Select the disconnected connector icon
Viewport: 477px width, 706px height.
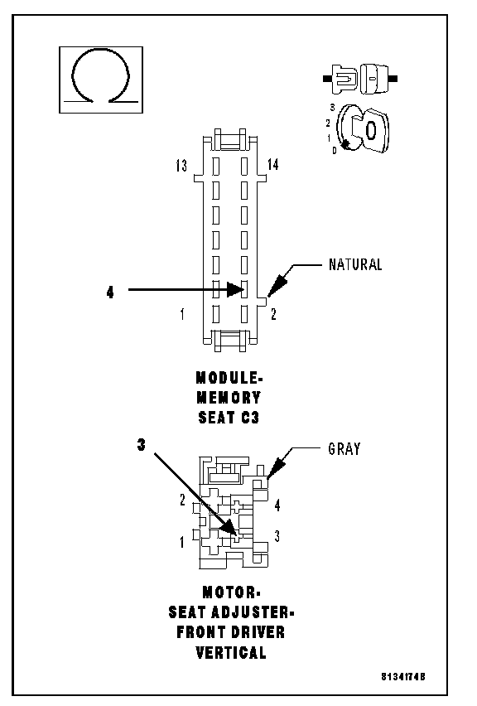360,80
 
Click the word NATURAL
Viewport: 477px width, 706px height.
355,264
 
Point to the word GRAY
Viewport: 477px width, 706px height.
344,449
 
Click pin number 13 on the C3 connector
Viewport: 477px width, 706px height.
181,166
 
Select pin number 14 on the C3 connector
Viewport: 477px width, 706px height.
272,165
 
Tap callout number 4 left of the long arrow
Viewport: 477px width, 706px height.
110,293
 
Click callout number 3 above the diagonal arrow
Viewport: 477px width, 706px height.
142,445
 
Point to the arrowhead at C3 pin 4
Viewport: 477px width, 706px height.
235,289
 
